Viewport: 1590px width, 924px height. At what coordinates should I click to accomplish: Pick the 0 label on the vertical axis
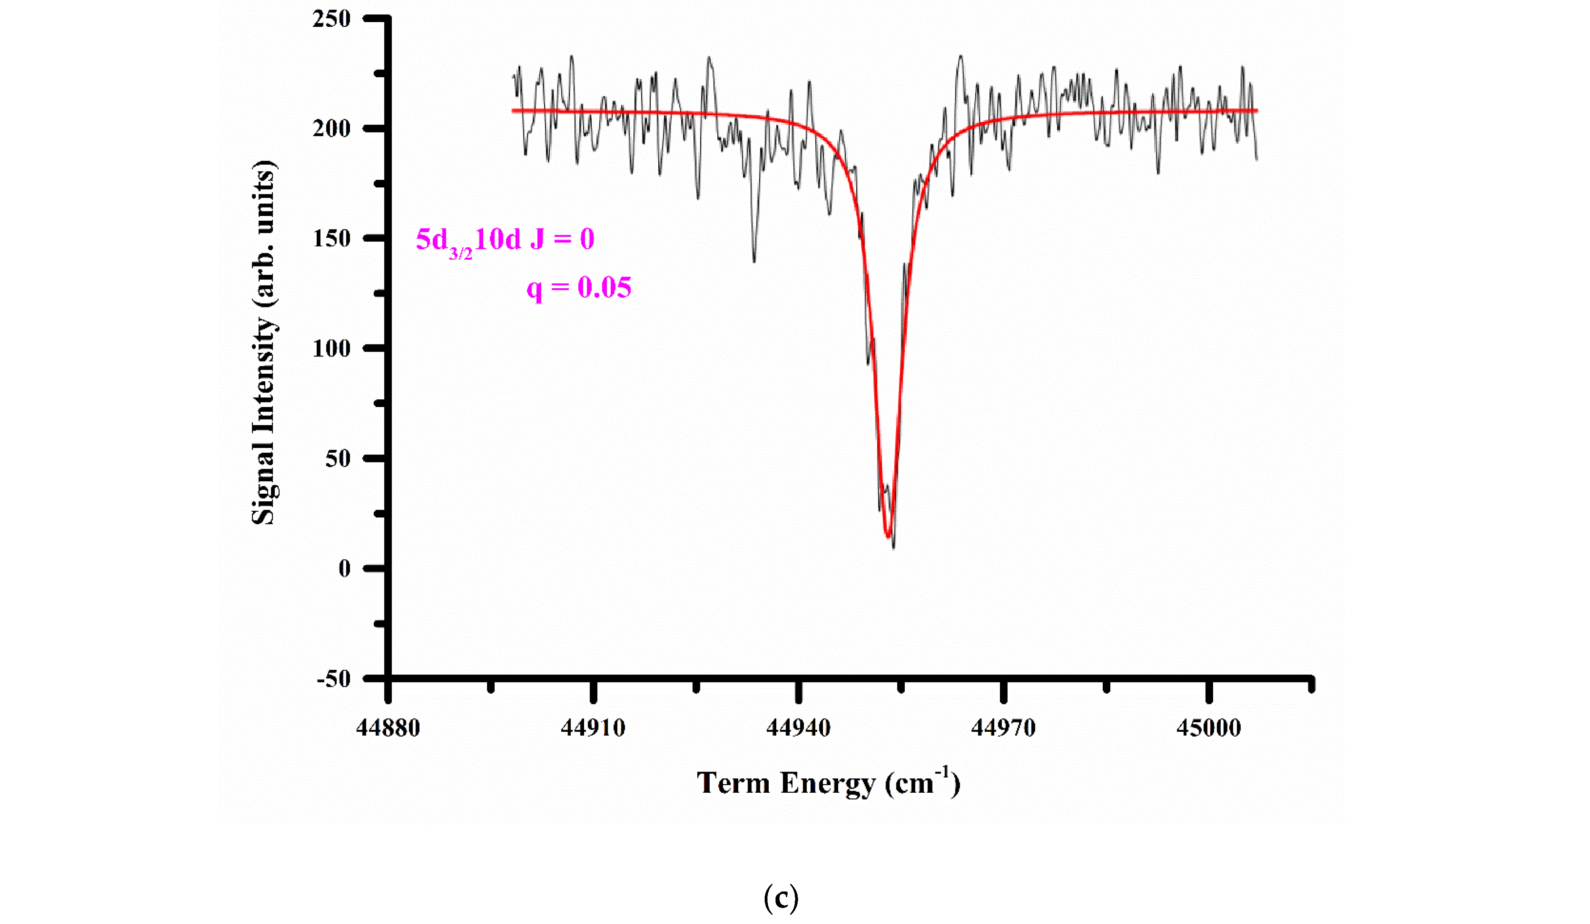[x=344, y=568]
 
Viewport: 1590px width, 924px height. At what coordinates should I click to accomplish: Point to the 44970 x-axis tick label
[x=1003, y=728]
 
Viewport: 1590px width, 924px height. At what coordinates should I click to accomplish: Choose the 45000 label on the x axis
[x=1208, y=728]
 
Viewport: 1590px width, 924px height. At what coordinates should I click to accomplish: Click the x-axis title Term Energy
[x=828, y=783]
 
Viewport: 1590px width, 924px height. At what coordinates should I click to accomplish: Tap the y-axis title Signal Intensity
[x=264, y=342]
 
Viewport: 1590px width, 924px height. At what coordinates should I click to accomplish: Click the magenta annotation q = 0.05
[x=578, y=288]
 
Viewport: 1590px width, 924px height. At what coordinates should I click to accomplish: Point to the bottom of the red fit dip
[x=888, y=536]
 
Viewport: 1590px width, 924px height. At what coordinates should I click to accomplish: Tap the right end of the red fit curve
[x=1257, y=110]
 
